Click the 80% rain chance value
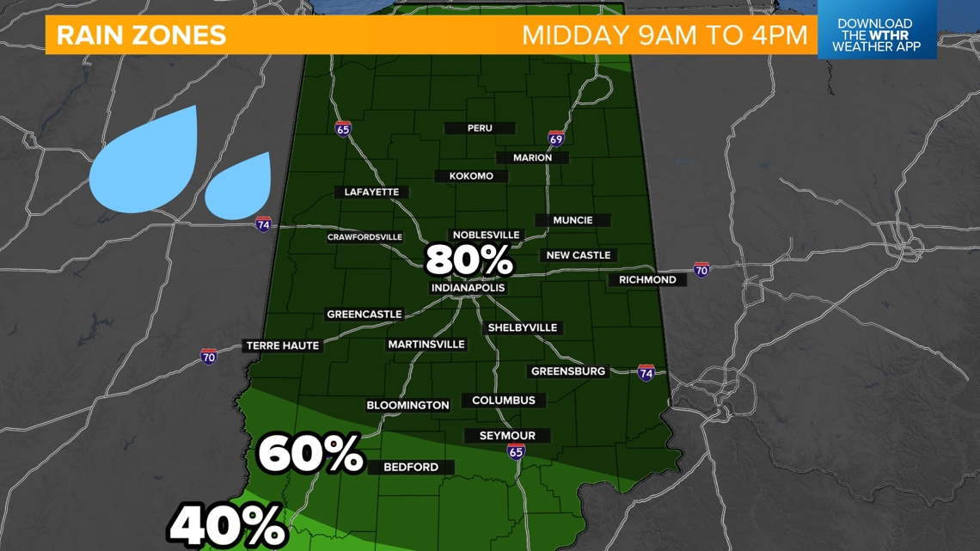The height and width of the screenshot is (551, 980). [469, 260]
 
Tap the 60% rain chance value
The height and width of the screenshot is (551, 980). [310, 454]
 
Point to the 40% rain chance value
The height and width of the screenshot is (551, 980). [227, 524]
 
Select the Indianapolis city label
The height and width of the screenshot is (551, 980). [468, 288]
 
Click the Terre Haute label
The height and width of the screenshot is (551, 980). [283, 346]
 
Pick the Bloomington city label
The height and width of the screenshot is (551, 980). [407, 405]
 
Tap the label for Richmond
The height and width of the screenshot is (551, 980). [647, 279]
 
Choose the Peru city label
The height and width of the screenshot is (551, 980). [480, 128]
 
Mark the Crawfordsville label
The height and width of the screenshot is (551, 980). [364, 237]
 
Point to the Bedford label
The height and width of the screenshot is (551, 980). [411, 467]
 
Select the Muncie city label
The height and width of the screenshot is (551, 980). [573, 220]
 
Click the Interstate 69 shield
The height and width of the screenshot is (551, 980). [556, 138]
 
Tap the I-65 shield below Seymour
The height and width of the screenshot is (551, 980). [516, 452]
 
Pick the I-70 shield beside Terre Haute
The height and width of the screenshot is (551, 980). [209, 356]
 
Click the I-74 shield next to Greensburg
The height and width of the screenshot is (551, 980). [646, 373]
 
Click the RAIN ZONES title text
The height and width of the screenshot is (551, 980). [141, 35]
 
